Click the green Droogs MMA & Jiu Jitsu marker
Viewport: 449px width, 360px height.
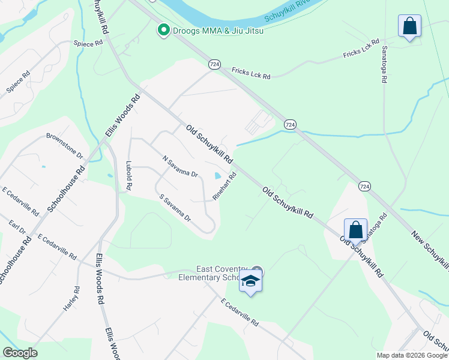point(163,30)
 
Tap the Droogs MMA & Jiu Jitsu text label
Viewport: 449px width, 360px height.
point(218,30)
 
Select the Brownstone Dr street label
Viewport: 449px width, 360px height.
point(64,145)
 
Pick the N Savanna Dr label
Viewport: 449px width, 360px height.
point(180,166)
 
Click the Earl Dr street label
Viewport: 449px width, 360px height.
point(18,229)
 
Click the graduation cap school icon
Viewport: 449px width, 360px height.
point(250,281)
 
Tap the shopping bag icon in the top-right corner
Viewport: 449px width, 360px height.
point(409,26)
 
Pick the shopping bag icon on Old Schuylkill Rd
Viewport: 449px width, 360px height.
point(355,229)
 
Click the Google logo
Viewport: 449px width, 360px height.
point(20,353)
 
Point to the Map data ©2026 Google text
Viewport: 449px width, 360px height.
point(411,355)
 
